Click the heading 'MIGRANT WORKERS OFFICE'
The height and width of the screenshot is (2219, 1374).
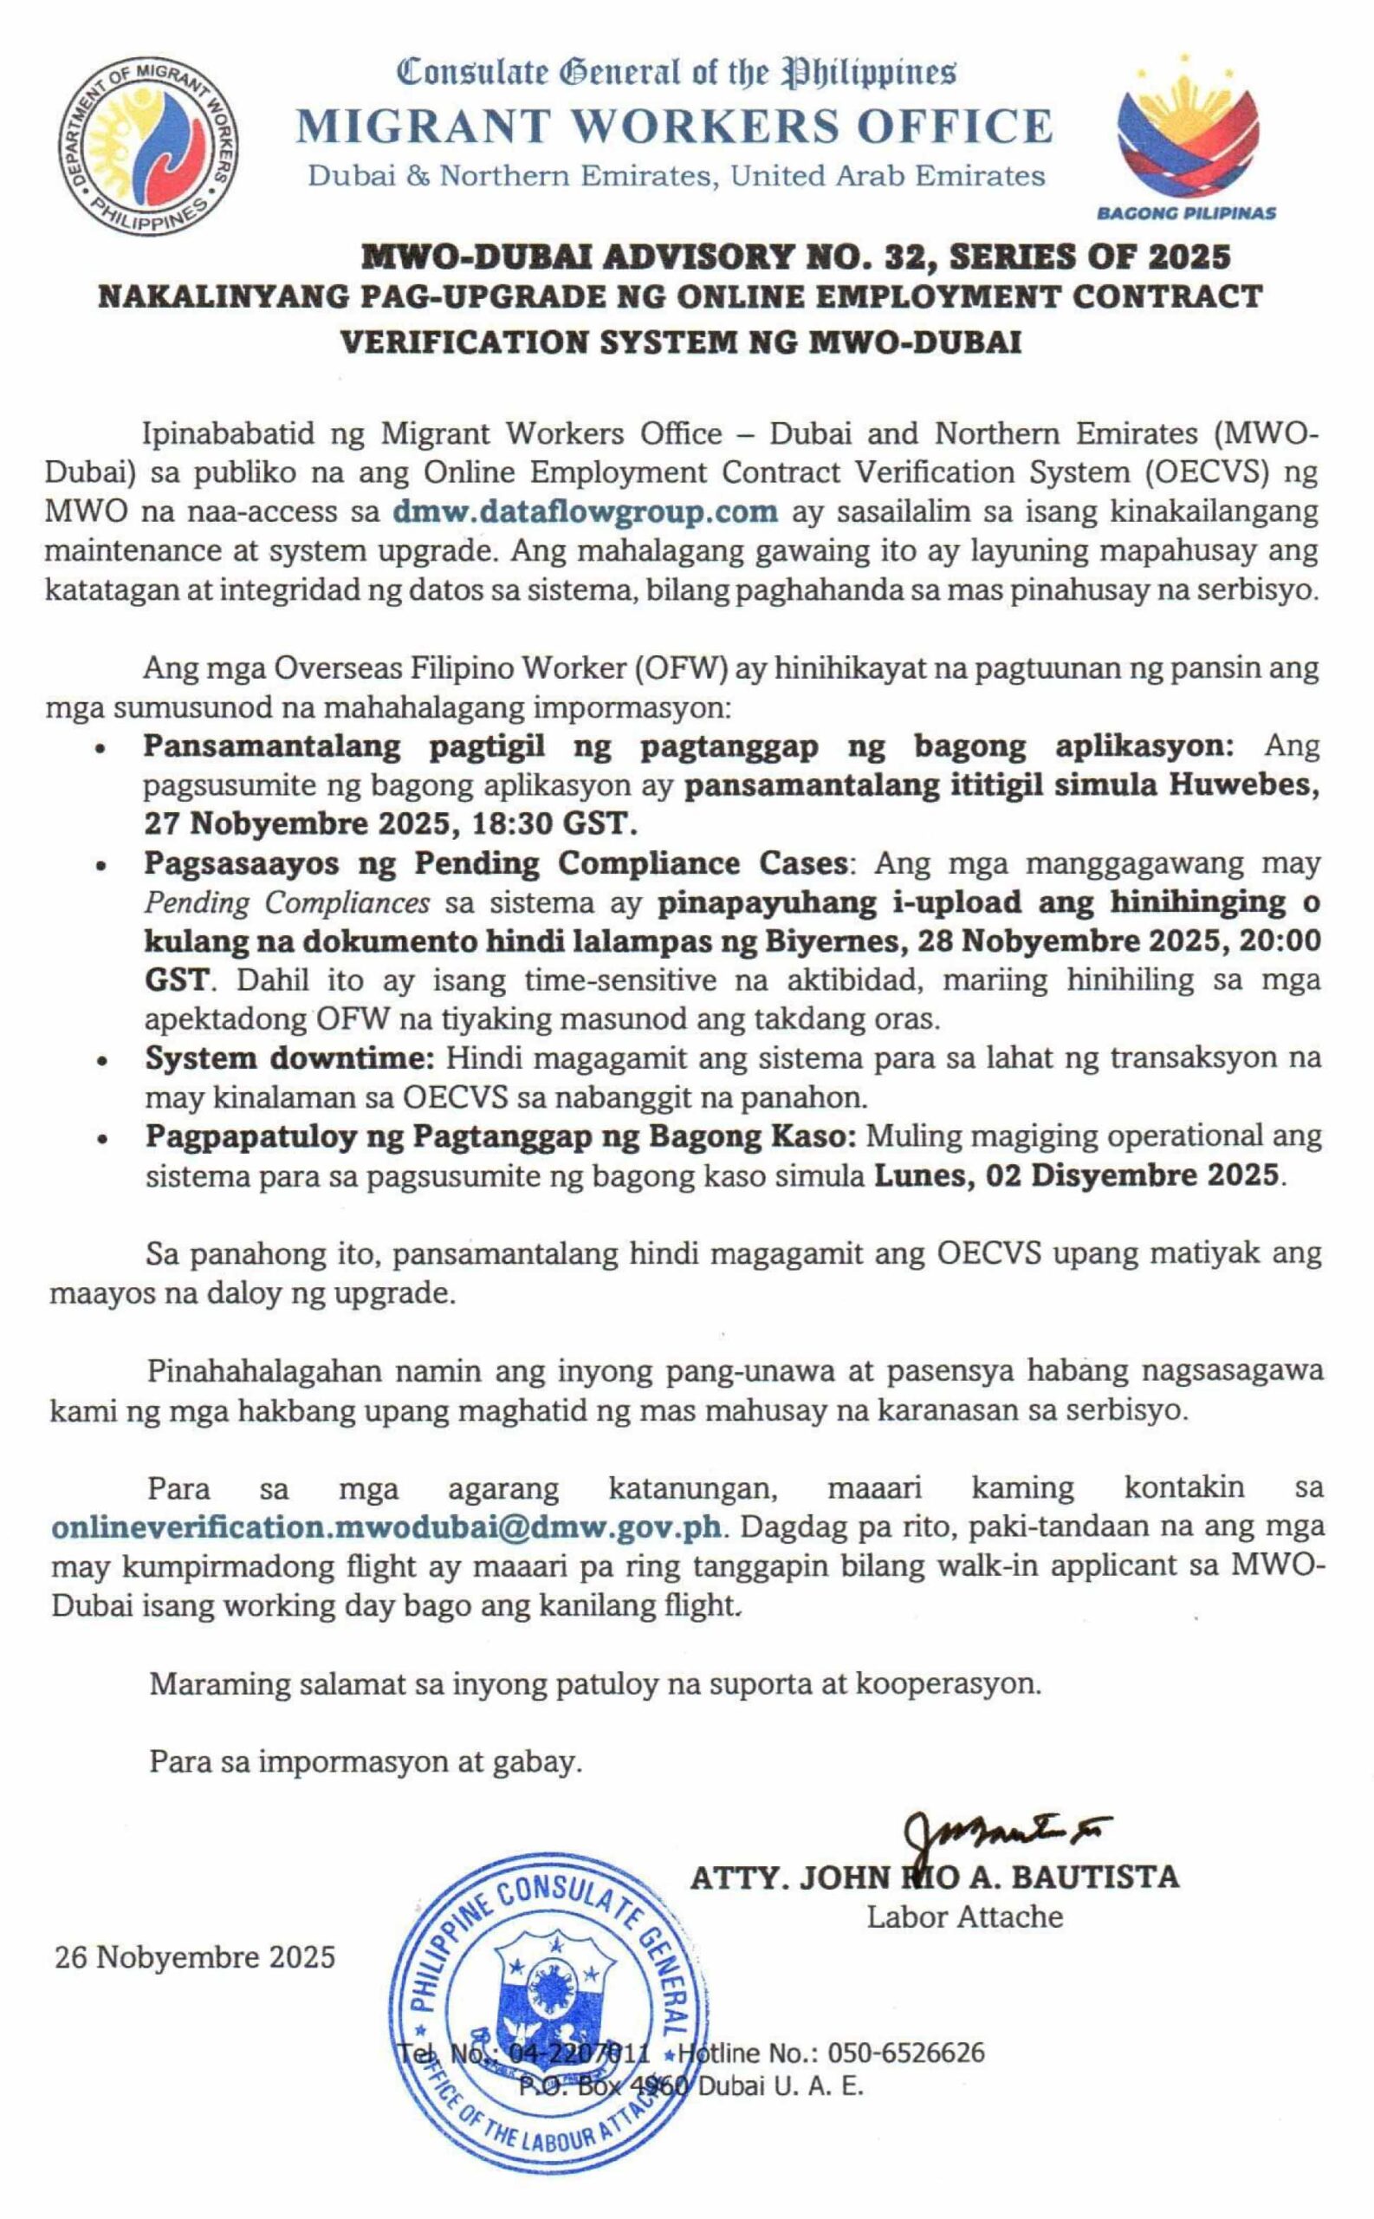point(673,127)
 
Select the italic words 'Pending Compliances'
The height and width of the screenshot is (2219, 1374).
point(287,902)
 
